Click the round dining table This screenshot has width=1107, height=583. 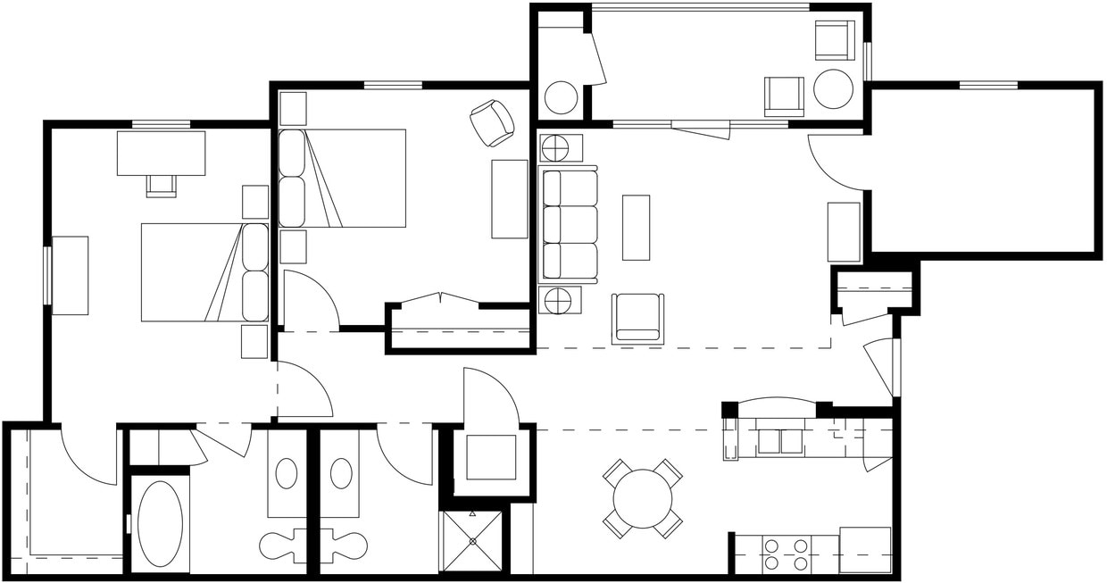click(x=643, y=498)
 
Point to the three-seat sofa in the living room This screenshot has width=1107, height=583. click(x=570, y=223)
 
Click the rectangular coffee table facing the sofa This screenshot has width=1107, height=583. click(x=636, y=227)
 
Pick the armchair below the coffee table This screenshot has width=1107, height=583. click(x=637, y=319)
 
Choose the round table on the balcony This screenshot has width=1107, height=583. click(x=833, y=89)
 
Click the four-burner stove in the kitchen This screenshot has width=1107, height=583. click(x=786, y=554)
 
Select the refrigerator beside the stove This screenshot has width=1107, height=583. click(x=865, y=550)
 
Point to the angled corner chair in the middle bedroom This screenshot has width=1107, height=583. click(x=492, y=122)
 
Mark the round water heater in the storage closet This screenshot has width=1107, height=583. click(x=561, y=97)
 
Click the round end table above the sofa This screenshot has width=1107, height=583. click(x=560, y=147)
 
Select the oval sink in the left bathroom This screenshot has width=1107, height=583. click(x=287, y=473)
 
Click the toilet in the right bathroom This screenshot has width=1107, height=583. click(x=348, y=544)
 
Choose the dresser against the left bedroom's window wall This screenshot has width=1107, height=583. click(x=70, y=275)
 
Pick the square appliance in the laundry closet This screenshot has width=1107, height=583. click(x=491, y=457)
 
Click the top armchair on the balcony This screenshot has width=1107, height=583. click(x=834, y=40)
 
